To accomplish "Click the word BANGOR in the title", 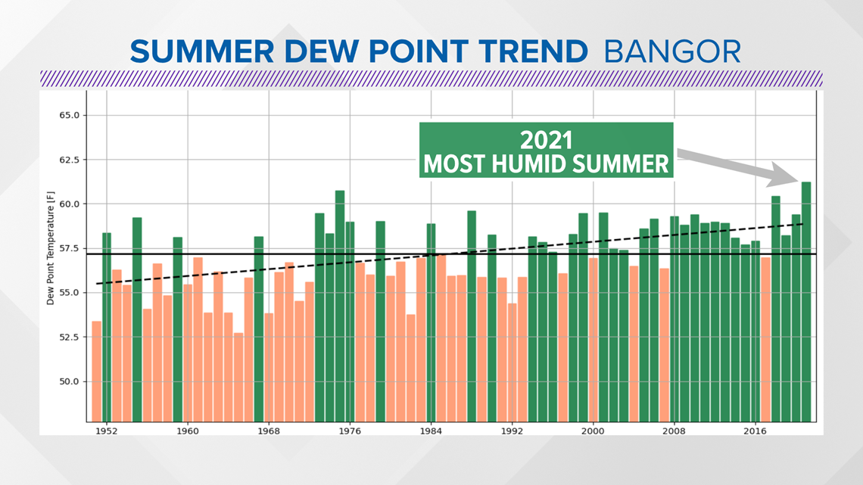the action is (672, 51).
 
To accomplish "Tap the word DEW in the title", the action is (320, 51).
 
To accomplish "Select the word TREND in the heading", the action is (533, 51).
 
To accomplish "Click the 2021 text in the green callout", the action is (546, 140).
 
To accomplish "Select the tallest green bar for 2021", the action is (806, 302).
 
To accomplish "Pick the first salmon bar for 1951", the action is (96, 372).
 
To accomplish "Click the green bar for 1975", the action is (340, 306).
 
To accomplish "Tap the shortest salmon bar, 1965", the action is (238, 378).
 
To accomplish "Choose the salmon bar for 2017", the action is (765, 339).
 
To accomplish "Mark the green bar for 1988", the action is (472, 316).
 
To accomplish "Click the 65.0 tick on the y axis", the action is (70, 116).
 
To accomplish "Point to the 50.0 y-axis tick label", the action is (70, 381).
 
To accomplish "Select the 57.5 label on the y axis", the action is (70, 248).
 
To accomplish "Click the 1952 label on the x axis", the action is (106, 431).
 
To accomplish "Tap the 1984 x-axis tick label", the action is (431, 431).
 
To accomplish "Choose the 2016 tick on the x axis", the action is (756, 431).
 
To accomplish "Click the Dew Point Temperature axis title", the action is (51, 248).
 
